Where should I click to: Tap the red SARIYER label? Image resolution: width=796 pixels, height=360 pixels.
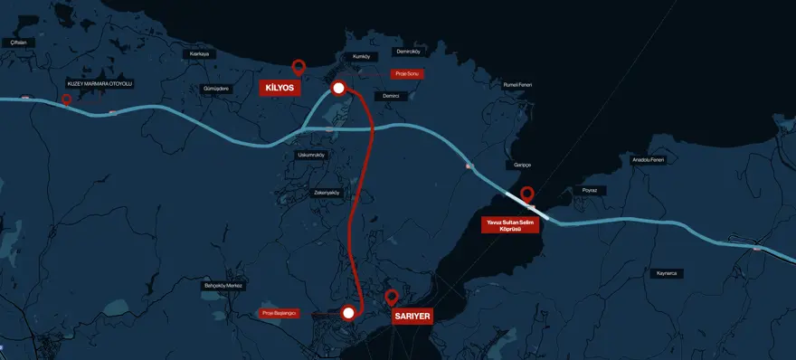tap(412, 317)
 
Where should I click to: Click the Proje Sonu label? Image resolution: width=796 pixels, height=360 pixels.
tap(407, 73)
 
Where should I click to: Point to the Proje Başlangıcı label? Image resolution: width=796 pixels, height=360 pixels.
tap(280, 313)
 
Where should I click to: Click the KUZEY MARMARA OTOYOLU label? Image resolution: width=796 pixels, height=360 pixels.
tap(100, 84)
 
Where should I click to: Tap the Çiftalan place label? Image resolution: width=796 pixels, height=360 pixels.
tap(17, 43)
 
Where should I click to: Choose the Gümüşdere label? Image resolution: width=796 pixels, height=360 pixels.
tap(217, 89)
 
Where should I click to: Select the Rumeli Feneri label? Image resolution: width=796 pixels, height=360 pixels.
tap(518, 85)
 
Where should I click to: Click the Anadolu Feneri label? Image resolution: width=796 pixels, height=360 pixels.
tap(648, 160)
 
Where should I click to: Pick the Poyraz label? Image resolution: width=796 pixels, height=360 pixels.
tap(590, 191)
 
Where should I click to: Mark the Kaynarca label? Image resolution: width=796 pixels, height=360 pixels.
tap(668, 273)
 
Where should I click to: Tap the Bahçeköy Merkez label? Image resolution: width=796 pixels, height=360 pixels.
tap(223, 286)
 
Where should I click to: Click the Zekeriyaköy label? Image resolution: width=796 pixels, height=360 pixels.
tap(327, 193)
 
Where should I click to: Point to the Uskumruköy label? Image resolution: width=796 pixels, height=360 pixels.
tap(310, 155)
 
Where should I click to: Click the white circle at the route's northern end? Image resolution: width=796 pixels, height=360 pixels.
tap(338, 88)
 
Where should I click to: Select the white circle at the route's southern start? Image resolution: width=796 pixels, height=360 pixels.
tap(348, 313)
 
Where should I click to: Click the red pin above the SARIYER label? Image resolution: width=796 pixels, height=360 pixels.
tap(392, 296)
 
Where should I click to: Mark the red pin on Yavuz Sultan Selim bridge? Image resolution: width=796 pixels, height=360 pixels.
tap(527, 193)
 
